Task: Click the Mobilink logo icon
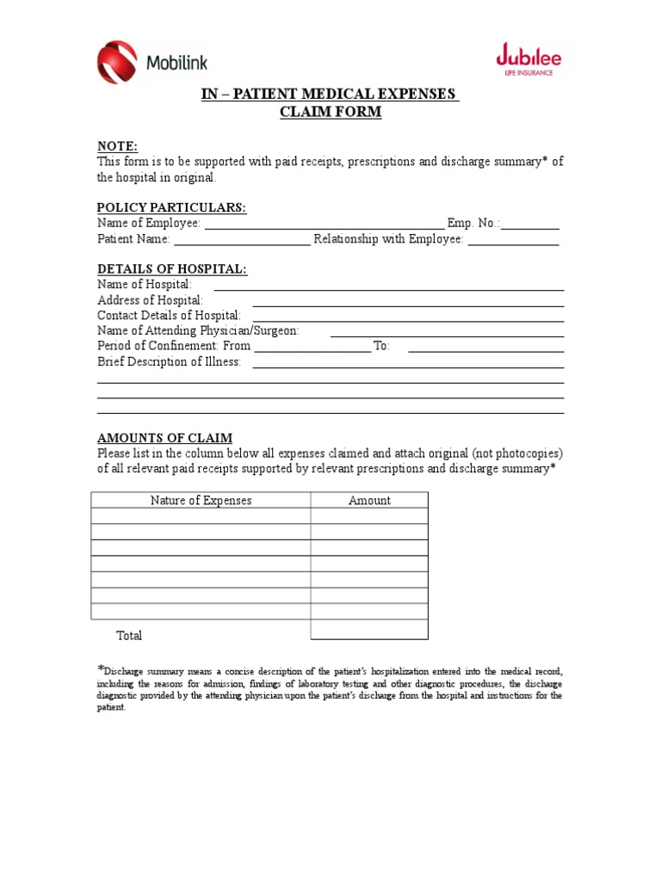pos(117,62)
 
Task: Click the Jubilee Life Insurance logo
pos(528,60)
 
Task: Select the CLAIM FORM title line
pos(330,112)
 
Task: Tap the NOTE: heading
pos(117,146)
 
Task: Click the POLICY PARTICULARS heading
pos(171,207)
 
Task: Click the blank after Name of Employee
pos(324,224)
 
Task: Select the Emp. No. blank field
pos(530,224)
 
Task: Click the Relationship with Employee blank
pos(513,240)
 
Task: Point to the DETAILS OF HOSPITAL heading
pos(172,269)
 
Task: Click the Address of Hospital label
pos(151,300)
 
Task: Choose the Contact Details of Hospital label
pos(169,316)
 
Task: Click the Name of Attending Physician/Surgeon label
pos(198,330)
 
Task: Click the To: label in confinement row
pos(381,346)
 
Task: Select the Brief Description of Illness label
pos(169,361)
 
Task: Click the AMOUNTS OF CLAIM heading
pos(164,438)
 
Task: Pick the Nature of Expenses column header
pos(201,500)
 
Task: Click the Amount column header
pos(369,500)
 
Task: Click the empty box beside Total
pos(369,630)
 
